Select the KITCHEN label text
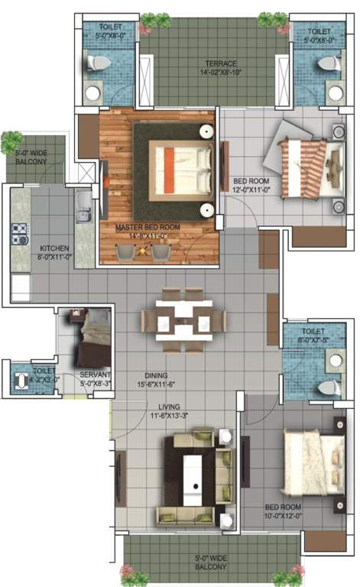tap(55, 248)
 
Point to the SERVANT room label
tap(96, 375)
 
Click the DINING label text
tap(157, 375)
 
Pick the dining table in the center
tap(183, 319)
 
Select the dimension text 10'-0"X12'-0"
tap(282, 517)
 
